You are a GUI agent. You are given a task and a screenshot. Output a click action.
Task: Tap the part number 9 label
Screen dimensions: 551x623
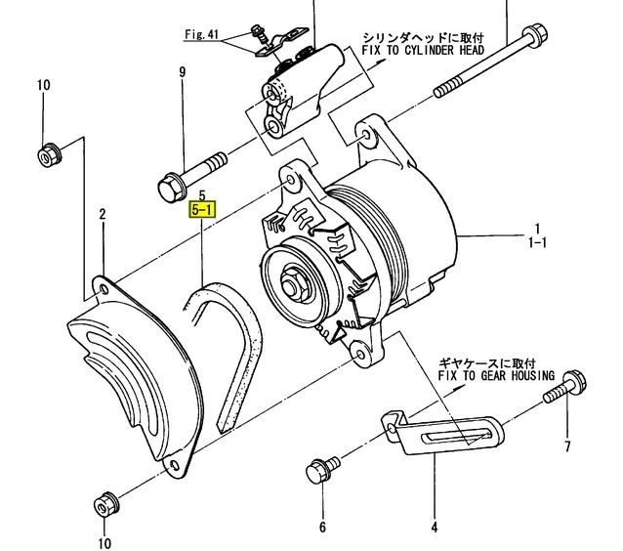click(x=182, y=72)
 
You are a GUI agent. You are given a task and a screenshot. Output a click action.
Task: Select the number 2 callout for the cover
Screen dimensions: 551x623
click(x=102, y=213)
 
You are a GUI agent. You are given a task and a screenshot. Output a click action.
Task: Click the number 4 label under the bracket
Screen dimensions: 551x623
click(x=434, y=529)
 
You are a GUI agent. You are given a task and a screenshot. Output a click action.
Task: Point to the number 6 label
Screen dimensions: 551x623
click(x=322, y=529)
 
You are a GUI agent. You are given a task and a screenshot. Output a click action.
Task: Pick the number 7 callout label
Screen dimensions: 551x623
click(x=566, y=449)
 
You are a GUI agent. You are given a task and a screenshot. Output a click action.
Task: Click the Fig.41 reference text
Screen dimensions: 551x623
click(x=202, y=35)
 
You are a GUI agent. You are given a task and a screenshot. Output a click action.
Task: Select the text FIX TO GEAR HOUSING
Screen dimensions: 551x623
click(x=496, y=375)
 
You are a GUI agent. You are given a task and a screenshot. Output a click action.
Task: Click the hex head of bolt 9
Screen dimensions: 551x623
click(x=169, y=185)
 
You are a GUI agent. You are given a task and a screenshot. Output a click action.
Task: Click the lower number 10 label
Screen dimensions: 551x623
click(x=104, y=542)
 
